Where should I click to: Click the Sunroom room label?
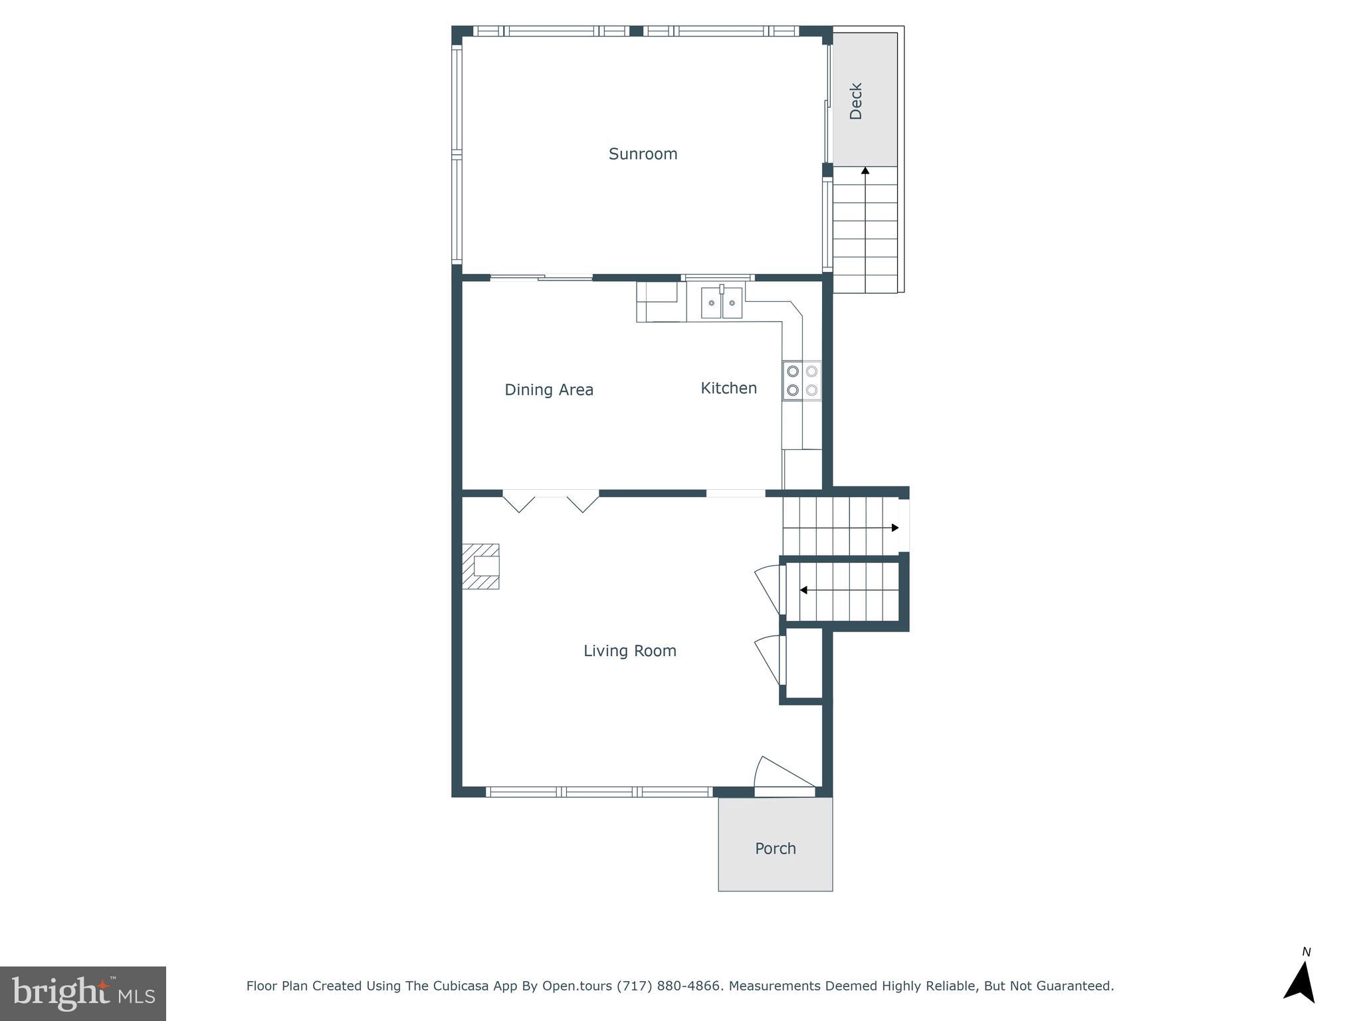click(643, 154)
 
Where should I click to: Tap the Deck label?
click(856, 101)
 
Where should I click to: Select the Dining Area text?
click(548, 390)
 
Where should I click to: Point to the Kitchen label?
click(728, 388)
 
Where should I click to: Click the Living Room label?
click(629, 651)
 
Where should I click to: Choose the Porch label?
click(775, 849)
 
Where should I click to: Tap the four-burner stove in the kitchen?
click(801, 381)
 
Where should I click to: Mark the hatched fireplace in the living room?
click(481, 566)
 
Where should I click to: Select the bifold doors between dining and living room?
click(550, 501)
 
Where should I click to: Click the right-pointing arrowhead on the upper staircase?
click(895, 528)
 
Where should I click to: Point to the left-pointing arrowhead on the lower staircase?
click(803, 590)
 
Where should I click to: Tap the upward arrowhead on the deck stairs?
click(865, 171)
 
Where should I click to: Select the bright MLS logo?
click(83, 993)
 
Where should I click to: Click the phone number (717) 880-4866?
click(669, 986)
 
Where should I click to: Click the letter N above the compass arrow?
click(1306, 952)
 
